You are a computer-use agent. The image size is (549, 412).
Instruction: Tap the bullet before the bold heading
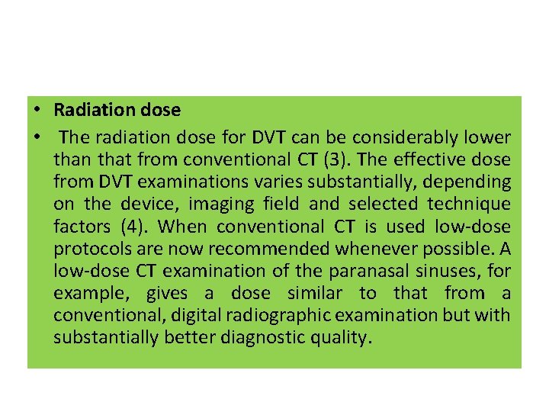point(37,110)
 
